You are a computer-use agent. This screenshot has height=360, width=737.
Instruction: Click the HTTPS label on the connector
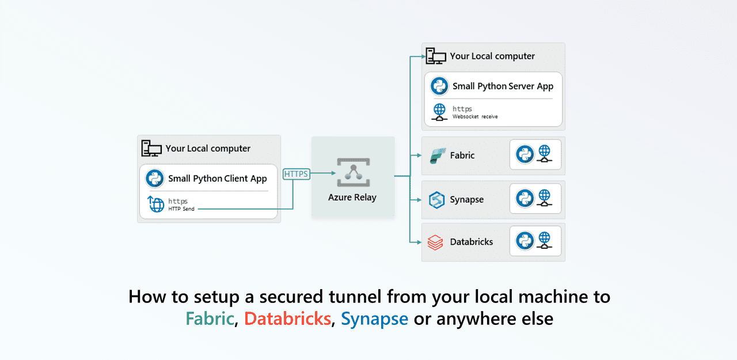pos(297,173)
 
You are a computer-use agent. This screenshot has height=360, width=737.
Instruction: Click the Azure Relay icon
pos(353,172)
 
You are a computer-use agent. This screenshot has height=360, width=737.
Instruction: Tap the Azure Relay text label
pos(352,197)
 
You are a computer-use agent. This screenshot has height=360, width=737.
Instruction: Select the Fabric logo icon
pos(436,156)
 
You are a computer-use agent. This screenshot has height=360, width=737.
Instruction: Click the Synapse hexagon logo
pos(436,200)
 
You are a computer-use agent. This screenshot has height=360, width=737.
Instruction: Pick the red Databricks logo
pos(436,242)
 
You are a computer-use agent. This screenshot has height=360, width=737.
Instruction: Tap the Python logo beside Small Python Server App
pos(439,86)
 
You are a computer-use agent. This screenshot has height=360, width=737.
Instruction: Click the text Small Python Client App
pos(217,179)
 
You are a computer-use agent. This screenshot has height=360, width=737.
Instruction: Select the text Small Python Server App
pos(503,86)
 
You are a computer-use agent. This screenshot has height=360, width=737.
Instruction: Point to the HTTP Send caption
pos(181,209)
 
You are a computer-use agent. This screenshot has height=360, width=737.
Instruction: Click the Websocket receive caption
pos(475,117)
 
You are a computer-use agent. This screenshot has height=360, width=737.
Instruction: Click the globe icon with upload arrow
pos(155,204)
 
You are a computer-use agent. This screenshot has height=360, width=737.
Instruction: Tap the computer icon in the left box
pos(151,149)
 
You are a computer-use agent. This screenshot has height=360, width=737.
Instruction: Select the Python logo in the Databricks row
pos(525,241)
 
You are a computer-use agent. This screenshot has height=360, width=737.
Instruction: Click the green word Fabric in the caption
pos(210,319)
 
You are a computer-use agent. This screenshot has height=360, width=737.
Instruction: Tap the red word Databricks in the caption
pos(287,319)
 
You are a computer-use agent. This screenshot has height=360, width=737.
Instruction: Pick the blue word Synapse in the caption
pos(374,319)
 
